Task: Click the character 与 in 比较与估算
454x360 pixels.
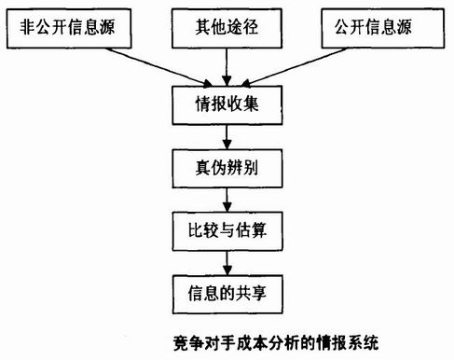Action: click(227, 227)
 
